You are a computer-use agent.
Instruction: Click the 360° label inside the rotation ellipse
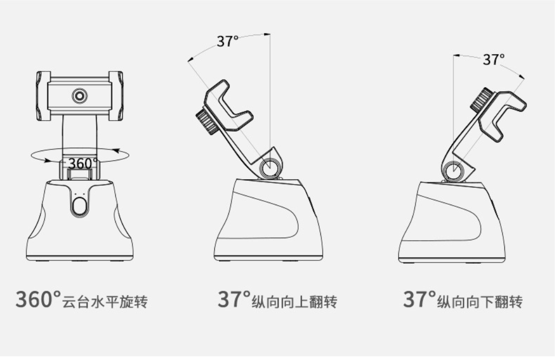[83, 164]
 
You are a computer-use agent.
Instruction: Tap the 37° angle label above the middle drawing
[227, 41]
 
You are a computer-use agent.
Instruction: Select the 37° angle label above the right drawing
[494, 59]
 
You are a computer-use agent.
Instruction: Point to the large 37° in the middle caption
[234, 299]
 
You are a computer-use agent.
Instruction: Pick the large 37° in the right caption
[420, 299]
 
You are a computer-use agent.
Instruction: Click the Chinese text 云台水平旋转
[105, 302]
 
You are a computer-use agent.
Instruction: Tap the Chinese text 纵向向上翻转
[294, 302]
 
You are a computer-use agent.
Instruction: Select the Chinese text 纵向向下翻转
[480, 302]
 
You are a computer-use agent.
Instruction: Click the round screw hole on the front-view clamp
[80, 96]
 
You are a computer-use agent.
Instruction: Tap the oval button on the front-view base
[79, 206]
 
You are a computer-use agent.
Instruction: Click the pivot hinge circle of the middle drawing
[269, 167]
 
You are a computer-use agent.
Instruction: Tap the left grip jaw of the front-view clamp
[43, 96]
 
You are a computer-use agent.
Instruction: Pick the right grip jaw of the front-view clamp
[116, 96]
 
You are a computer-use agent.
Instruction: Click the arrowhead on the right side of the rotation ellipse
[116, 151]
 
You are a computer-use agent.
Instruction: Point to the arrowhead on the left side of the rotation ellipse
[47, 160]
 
